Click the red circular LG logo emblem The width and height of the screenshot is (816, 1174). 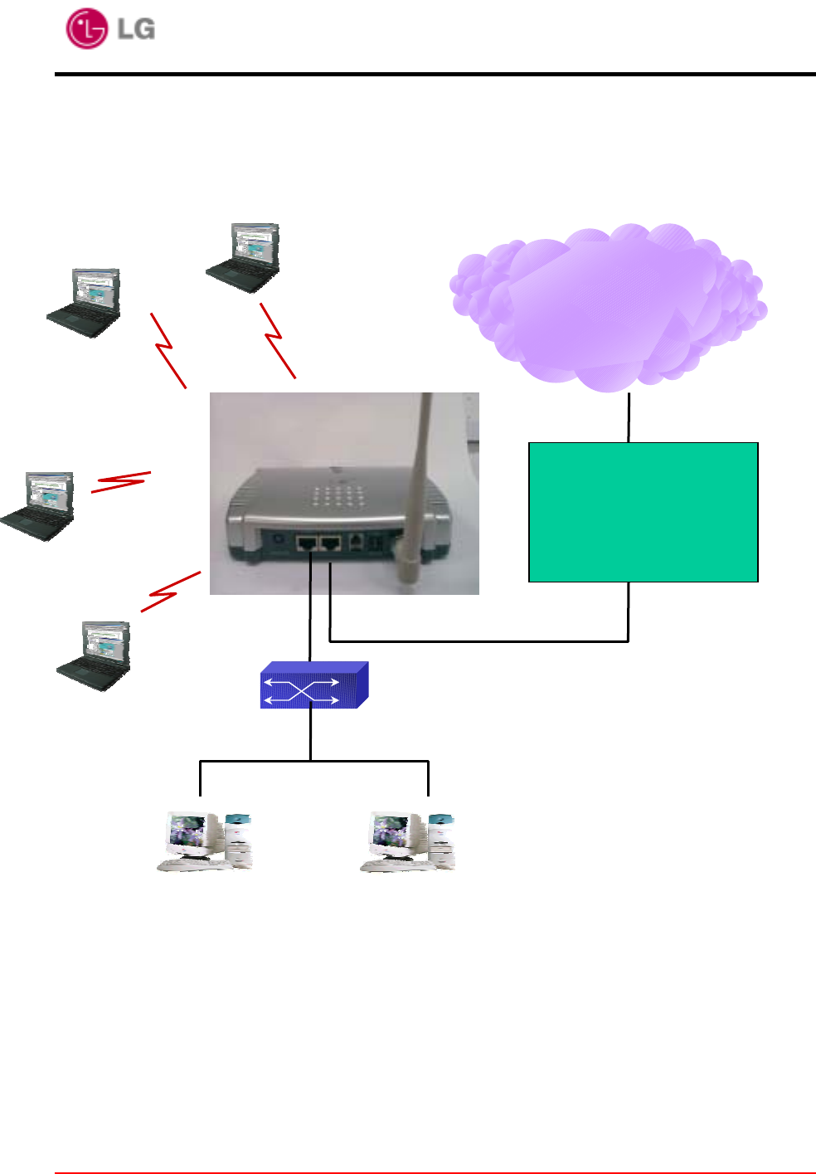(x=86, y=28)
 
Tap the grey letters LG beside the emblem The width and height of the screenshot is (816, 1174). (x=136, y=29)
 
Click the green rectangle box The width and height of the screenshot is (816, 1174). (x=643, y=512)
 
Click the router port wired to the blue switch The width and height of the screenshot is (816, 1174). (x=308, y=544)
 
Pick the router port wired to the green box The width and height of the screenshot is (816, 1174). (x=330, y=544)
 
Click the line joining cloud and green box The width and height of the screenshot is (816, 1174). (x=629, y=417)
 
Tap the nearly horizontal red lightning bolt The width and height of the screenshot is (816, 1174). (x=121, y=482)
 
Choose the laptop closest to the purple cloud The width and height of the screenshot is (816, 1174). (x=244, y=257)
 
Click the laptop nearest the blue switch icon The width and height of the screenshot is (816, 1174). (x=95, y=655)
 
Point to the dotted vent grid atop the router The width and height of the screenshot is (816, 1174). (x=339, y=496)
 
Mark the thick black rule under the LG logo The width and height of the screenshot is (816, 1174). (x=435, y=75)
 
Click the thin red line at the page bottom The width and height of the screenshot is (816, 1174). (x=435, y=1172)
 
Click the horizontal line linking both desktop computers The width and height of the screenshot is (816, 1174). (x=313, y=761)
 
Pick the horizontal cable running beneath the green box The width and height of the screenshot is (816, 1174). (x=478, y=641)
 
